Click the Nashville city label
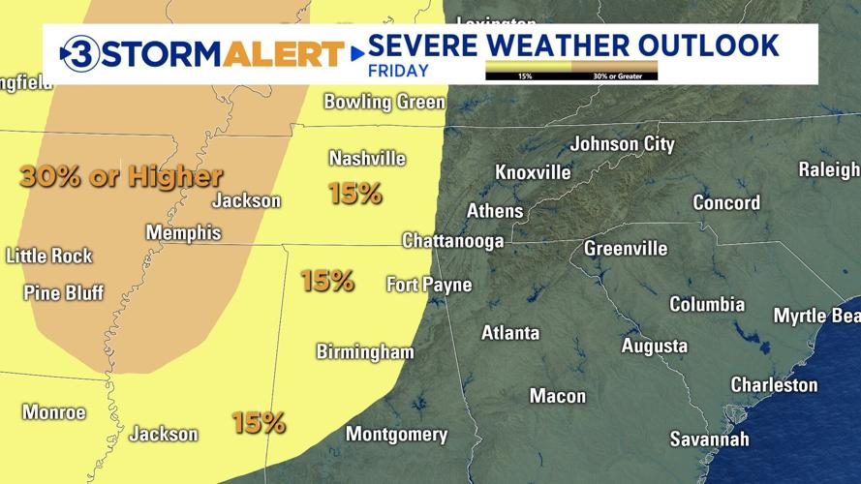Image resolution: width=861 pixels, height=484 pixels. coord(367,158)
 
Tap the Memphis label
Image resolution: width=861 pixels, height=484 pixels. coord(183,233)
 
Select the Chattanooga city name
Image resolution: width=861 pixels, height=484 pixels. coord(452,239)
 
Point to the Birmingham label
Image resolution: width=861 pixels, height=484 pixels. coord(365,351)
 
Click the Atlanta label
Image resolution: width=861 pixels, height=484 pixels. coord(510,333)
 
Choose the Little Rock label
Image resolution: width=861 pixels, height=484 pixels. coord(49,257)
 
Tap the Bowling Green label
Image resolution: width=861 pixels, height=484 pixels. coord(384,102)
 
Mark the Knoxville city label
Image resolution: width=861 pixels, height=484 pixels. coord(533,172)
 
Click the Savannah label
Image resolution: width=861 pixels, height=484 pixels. coord(709,439)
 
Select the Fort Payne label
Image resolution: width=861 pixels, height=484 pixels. coord(429,285)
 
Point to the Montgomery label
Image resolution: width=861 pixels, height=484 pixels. coord(396,435)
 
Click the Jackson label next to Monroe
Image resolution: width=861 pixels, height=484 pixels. coord(164,435)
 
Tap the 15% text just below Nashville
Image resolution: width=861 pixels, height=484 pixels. coord(355,194)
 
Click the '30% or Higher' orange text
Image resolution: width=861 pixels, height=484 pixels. coord(121,176)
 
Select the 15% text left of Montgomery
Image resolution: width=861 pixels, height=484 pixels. coord(259,422)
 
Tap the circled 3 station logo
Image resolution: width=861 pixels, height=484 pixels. coord(77,52)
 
